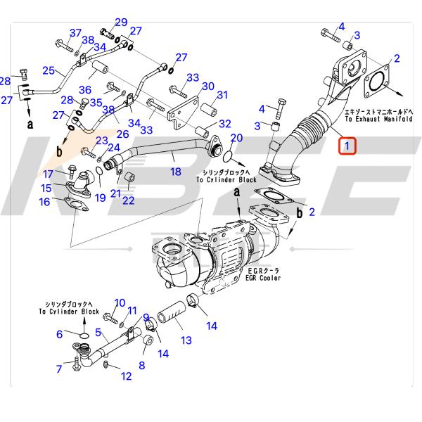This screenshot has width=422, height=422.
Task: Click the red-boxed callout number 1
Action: coord(347,146)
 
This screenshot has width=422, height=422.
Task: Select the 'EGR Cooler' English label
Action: coord(264,278)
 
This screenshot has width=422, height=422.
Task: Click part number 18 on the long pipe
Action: coord(175,171)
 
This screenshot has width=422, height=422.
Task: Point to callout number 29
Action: coord(121,22)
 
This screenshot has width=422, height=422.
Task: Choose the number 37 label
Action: coord(75,33)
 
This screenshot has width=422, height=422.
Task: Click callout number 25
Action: coord(48,70)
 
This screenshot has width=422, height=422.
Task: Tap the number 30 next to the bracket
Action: coord(207,87)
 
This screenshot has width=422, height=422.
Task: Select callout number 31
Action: coord(222,96)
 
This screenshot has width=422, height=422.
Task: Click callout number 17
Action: coord(48,174)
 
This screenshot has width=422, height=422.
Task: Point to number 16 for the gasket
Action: coord(44,203)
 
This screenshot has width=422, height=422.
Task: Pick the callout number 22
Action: coord(128,200)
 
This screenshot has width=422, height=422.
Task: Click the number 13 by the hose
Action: coord(186,340)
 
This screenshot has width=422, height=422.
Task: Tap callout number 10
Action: coord(120,302)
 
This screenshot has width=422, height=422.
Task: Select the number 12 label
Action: coord(126,376)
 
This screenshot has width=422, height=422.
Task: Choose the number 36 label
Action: coord(85,89)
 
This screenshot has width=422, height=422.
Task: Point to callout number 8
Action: coord(141,365)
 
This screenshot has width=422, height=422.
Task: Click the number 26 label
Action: coord(122,134)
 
